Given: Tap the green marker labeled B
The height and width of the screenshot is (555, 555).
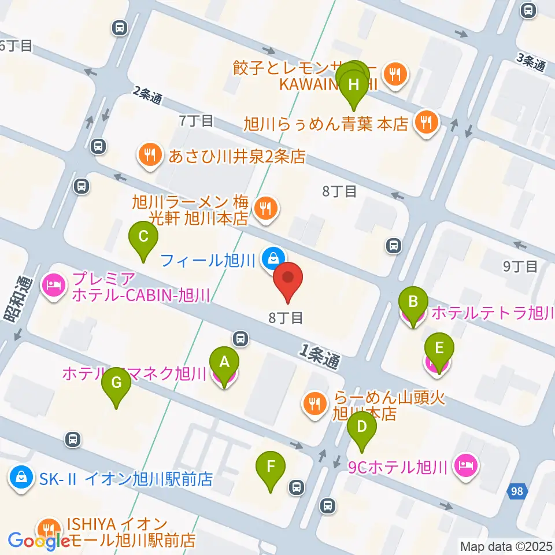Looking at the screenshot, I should pyautogui.click(x=413, y=302).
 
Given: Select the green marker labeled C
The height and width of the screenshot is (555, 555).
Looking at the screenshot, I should pyautogui.click(x=143, y=236).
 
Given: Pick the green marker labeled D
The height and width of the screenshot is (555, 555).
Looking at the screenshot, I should pyautogui.click(x=362, y=428).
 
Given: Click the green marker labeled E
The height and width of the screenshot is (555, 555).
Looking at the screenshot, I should pyautogui.click(x=439, y=349).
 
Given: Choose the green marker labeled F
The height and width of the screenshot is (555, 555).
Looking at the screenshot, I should pyautogui.click(x=270, y=467).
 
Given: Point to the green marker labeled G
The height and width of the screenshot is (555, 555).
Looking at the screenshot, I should pyautogui.click(x=116, y=383).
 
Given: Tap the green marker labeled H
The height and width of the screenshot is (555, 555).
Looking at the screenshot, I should pyautogui.click(x=354, y=85).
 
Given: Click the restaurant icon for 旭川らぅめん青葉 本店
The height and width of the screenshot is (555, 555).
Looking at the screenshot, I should pyautogui.click(x=426, y=123).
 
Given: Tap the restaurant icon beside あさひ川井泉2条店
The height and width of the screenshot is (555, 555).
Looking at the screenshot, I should pyautogui.click(x=149, y=155).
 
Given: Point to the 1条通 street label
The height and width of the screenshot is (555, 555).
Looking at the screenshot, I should pyautogui.click(x=320, y=354).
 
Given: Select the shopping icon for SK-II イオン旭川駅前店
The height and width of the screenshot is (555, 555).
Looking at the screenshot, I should pyautogui.click(x=21, y=478).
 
